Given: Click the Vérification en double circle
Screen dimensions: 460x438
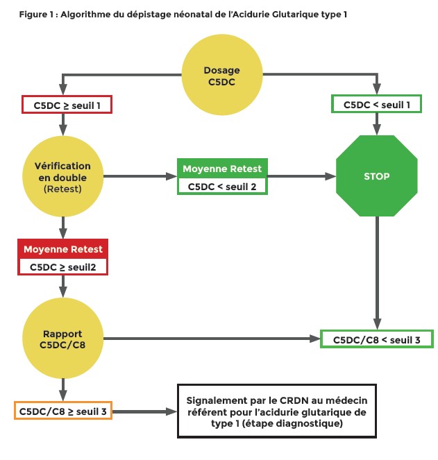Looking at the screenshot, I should click(63, 176).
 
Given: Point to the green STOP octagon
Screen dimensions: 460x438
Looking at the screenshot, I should click(376, 176).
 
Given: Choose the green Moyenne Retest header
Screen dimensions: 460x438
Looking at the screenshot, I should click(222, 169).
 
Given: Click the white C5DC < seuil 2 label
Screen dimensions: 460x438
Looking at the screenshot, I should click(222, 185).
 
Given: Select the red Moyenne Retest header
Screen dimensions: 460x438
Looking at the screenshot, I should click(63, 249).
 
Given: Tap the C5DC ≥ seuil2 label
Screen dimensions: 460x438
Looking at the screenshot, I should click(63, 266).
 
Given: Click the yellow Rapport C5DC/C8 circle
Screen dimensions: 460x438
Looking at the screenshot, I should click(63, 339).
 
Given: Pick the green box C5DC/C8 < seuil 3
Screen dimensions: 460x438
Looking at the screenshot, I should click(377, 339).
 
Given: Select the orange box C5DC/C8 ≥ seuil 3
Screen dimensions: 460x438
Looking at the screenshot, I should click(63, 411).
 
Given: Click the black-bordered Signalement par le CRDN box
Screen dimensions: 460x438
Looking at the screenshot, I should click(277, 411).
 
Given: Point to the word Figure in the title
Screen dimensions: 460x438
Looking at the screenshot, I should click(33, 15).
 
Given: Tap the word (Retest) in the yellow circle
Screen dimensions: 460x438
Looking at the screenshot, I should click(63, 187).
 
